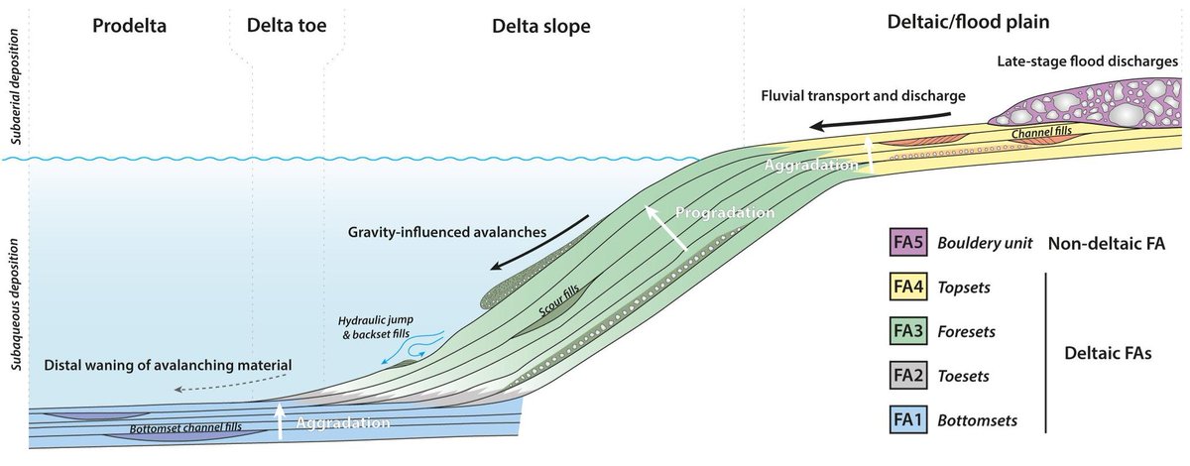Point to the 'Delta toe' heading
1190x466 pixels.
287,27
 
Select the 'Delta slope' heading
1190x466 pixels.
540,27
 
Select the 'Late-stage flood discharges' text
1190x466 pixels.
1088,61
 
